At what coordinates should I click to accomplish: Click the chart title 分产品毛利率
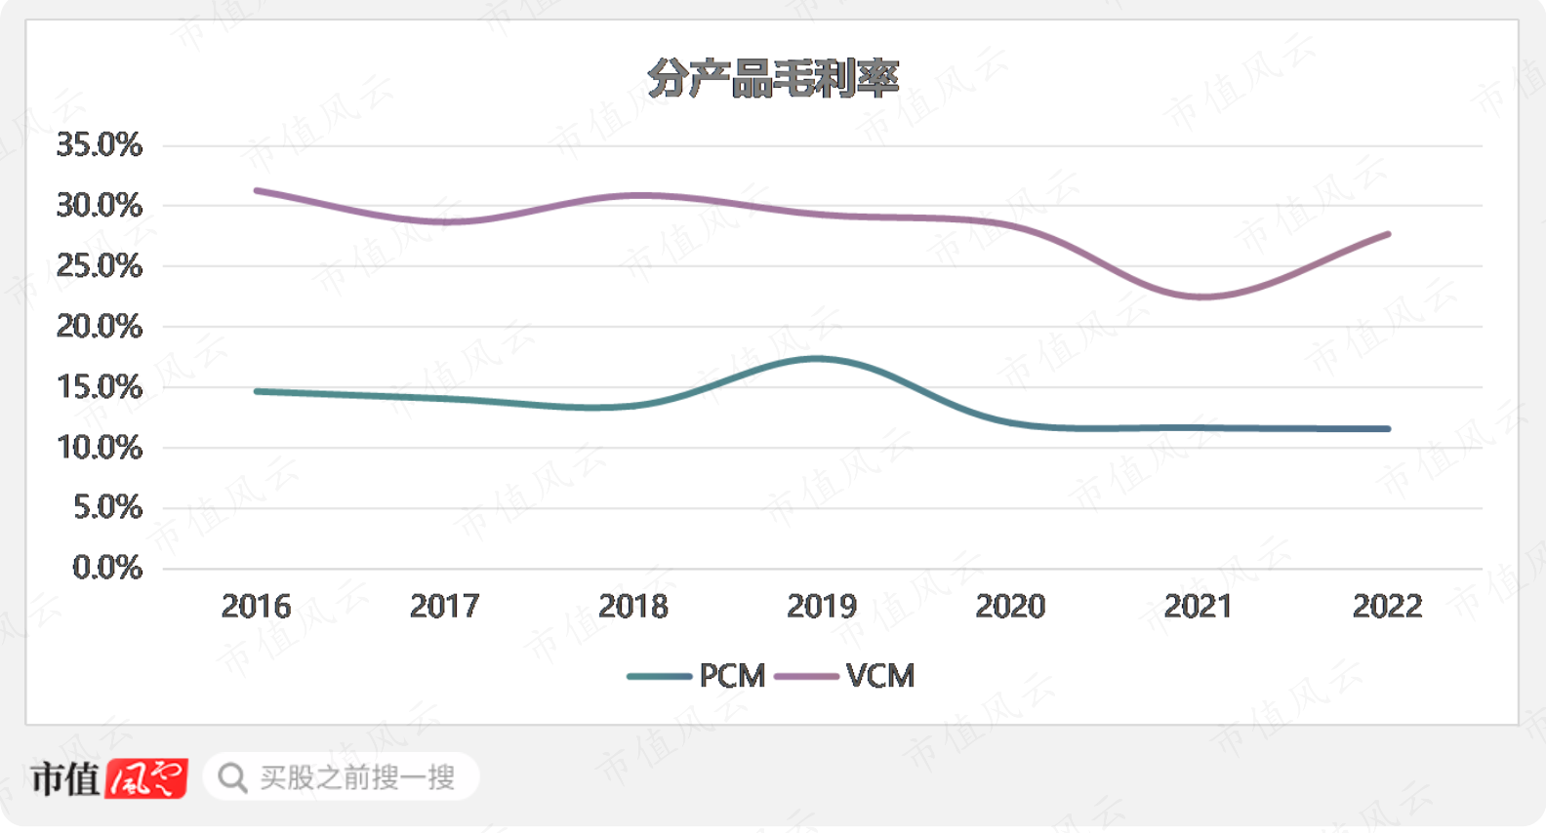pyautogui.click(x=772, y=79)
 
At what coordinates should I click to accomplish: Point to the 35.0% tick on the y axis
pyautogui.click(x=100, y=145)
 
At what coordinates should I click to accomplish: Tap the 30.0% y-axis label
pyautogui.click(x=100, y=206)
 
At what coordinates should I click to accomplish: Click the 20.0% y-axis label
pyautogui.click(x=100, y=327)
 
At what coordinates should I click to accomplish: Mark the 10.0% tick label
pyautogui.click(x=100, y=448)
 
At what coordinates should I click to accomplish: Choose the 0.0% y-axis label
pyautogui.click(x=107, y=568)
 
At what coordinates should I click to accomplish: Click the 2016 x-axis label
pyautogui.click(x=256, y=607)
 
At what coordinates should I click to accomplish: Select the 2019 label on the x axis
pyautogui.click(x=822, y=607)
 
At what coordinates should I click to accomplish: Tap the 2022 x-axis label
pyautogui.click(x=1387, y=607)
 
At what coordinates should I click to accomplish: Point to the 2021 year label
pyautogui.click(x=1199, y=607)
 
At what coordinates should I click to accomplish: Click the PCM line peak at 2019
pyautogui.click(x=820, y=359)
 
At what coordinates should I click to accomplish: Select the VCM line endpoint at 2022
pyautogui.click(x=1388, y=234)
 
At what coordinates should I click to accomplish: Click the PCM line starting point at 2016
pyautogui.click(x=257, y=391)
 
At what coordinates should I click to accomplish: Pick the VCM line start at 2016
pyautogui.click(x=257, y=190)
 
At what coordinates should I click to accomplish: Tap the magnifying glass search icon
pyautogui.click(x=232, y=777)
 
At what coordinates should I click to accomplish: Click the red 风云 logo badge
pyautogui.click(x=146, y=778)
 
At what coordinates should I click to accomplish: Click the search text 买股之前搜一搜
pyautogui.click(x=357, y=777)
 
